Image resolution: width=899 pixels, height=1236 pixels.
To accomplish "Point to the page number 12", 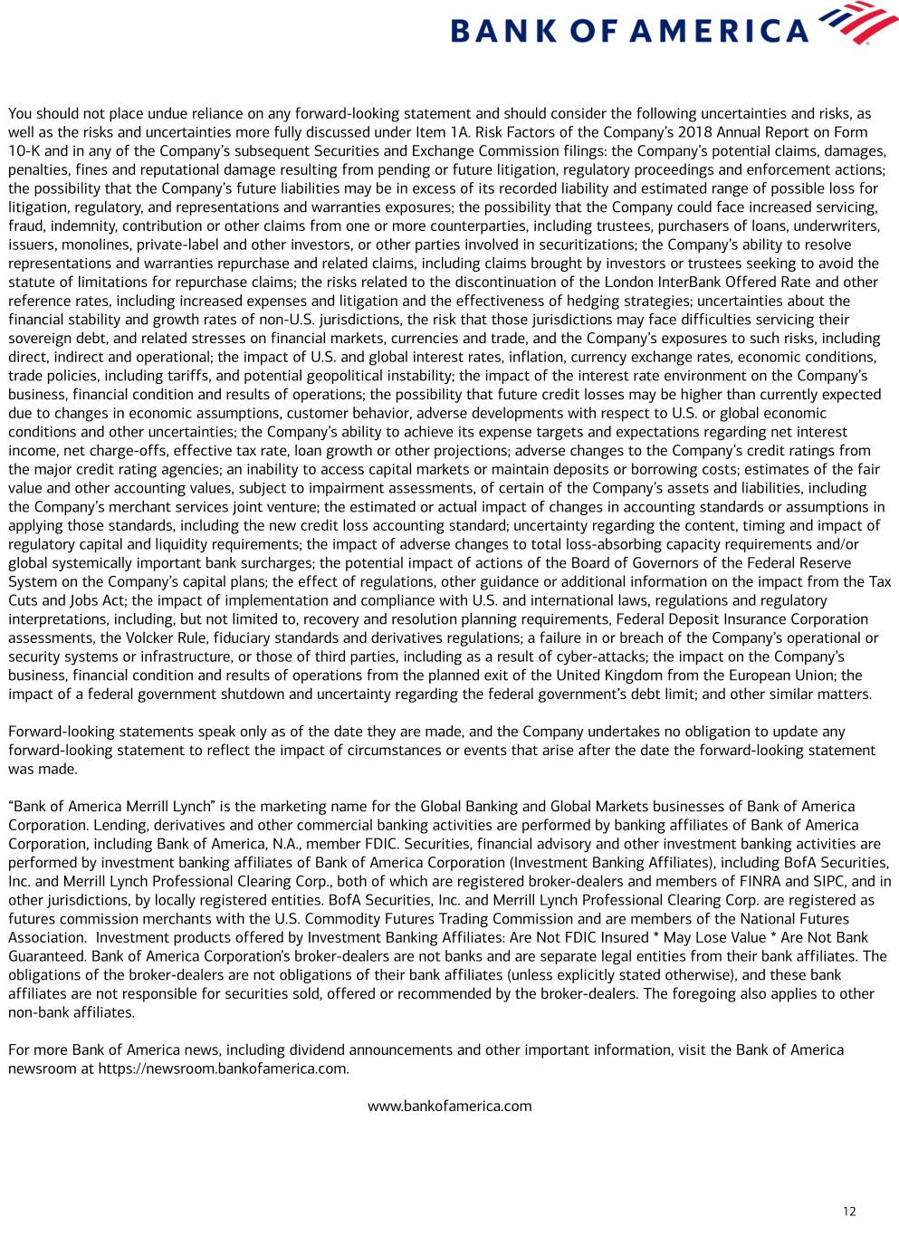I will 848,1212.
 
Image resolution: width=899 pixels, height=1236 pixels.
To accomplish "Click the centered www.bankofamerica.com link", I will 449,1106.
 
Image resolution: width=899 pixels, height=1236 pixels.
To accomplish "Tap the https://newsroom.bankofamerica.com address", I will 223,1068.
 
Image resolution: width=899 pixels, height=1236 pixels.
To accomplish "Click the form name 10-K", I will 24,151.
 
